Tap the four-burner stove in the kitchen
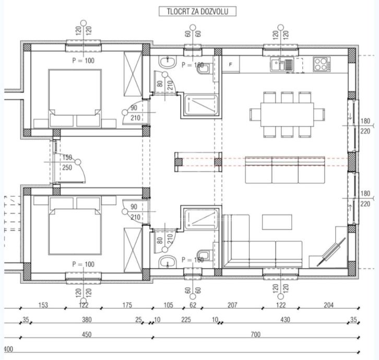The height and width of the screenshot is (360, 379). [320, 64]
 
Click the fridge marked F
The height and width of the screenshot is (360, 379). [231, 64]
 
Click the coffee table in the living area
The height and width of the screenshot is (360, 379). [277, 222]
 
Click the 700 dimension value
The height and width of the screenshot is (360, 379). [255, 334]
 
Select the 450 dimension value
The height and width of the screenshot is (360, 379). [87, 334]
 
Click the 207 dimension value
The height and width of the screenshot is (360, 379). [233, 305]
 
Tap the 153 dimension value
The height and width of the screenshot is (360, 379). [43, 305]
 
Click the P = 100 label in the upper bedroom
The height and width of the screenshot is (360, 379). [84, 61]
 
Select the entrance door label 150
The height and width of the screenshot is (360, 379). [67, 157]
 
